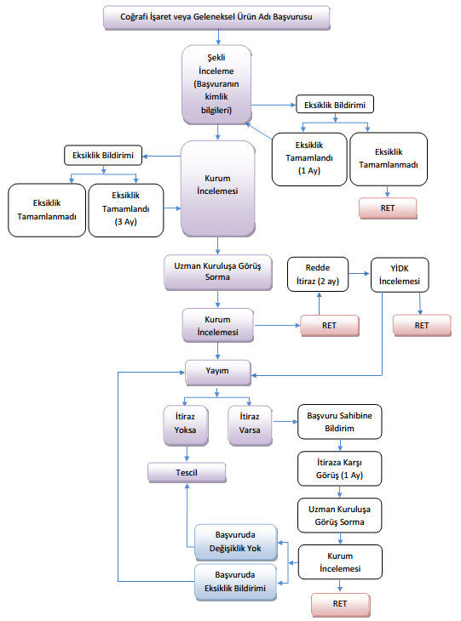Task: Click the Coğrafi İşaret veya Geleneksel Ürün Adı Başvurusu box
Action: pos(216,17)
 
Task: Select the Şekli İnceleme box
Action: pos(217,84)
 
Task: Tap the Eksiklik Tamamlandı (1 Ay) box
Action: pos(309,159)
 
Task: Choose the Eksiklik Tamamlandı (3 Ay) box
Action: pos(126,210)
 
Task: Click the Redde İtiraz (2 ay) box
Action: pos(318,275)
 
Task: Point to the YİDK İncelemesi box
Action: pos(400,275)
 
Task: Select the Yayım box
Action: pos(218,373)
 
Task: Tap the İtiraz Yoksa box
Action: pos(186,425)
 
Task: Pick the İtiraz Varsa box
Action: pos(250,425)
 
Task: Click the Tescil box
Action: pos(187,472)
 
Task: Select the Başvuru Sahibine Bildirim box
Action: pos(340,422)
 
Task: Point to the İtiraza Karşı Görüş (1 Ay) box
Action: pos(340,469)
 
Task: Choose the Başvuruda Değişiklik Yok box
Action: pos(236,542)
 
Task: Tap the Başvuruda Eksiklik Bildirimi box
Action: pos(236,582)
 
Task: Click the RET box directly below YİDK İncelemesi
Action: pos(422,326)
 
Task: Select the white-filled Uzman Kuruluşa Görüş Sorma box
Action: pos(340,516)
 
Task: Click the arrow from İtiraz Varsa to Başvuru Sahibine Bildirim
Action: pos(285,422)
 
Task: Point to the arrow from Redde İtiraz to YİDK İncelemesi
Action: pos(359,273)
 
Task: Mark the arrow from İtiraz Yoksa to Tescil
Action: pos(187,454)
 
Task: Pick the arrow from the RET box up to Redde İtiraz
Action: pos(319,304)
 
